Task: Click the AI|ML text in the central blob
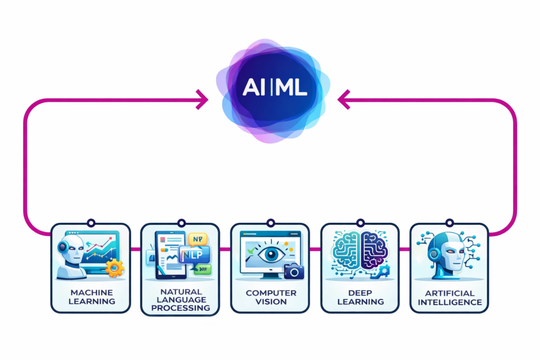[x=274, y=87]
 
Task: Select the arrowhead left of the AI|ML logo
[x=201, y=99]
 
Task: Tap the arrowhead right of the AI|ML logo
[x=343, y=99]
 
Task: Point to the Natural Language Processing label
[x=180, y=299]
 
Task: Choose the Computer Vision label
[x=271, y=297]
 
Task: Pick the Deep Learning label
[x=360, y=297]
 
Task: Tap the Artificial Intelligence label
[x=449, y=297]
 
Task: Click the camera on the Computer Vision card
[x=294, y=271]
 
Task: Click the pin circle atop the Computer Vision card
[x=271, y=223]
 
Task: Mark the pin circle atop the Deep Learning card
[x=360, y=223]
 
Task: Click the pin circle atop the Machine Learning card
[x=90, y=223]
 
